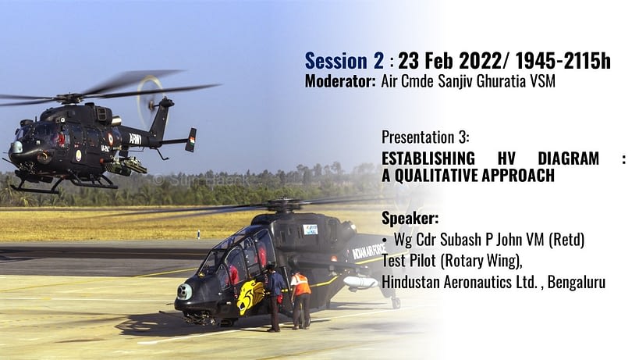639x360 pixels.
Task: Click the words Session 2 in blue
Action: click(x=344, y=61)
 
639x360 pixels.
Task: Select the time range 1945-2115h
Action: click(x=563, y=61)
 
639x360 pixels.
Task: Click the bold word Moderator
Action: click(x=340, y=81)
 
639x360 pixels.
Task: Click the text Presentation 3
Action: click(x=425, y=137)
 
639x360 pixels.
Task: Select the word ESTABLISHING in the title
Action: click(x=428, y=159)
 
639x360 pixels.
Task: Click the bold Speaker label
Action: click(x=410, y=219)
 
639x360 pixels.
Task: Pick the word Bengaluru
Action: click(x=577, y=282)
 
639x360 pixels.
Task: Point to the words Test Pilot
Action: click(x=409, y=261)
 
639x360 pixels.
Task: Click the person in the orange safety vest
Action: click(x=300, y=300)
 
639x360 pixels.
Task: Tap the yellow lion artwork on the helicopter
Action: click(x=249, y=297)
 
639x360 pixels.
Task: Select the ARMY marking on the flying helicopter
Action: click(x=135, y=140)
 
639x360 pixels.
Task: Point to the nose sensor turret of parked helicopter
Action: click(x=185, y=291)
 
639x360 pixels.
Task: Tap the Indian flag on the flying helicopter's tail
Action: click(x=192, y=140)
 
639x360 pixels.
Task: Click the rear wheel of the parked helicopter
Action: click(x=396, y=302)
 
